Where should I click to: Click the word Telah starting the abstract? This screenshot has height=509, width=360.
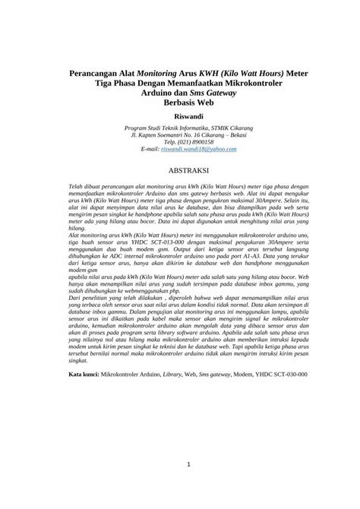pos(76,207)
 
